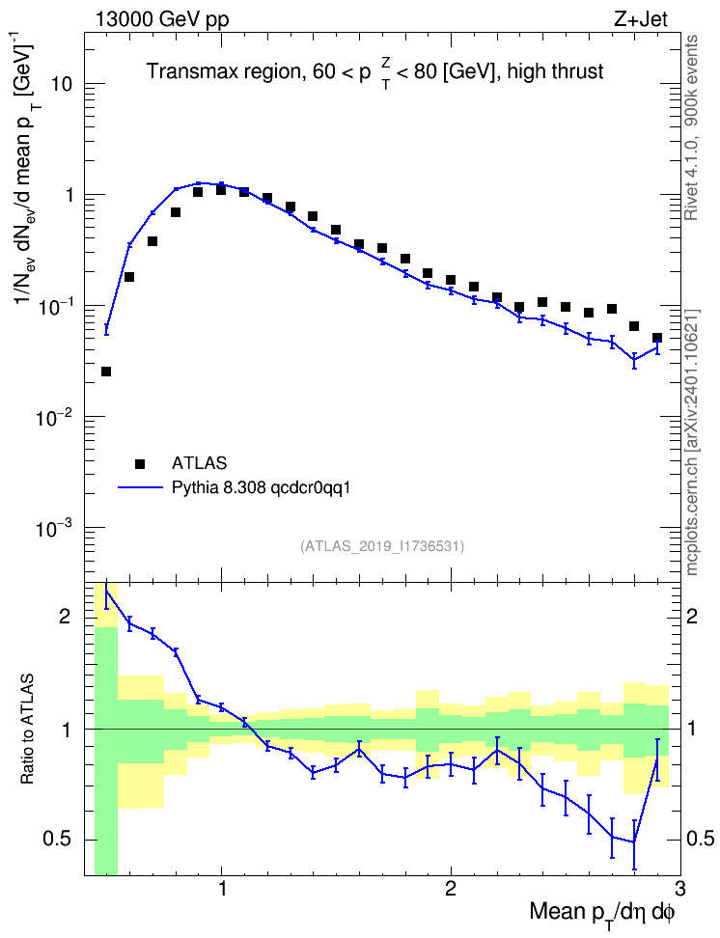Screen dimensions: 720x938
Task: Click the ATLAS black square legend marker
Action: [140, 463]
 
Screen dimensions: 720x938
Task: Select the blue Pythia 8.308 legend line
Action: [140, 487]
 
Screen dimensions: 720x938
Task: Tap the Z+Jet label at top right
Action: [640, 19]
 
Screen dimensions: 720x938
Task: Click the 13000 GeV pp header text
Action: [161, 19]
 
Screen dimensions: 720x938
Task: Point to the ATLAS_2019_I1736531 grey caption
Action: [382, 545]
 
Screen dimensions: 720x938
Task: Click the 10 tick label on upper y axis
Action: [62, 84]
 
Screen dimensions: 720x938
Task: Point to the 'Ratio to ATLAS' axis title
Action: [28, 730]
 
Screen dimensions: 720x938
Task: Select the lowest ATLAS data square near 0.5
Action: [106, 372]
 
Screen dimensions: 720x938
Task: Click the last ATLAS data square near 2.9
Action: [657, 338]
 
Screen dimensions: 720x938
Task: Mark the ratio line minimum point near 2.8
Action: [634, 842]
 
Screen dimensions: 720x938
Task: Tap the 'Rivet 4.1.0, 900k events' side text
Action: [692, 127]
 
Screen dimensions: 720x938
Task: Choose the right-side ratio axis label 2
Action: [692, 616]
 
